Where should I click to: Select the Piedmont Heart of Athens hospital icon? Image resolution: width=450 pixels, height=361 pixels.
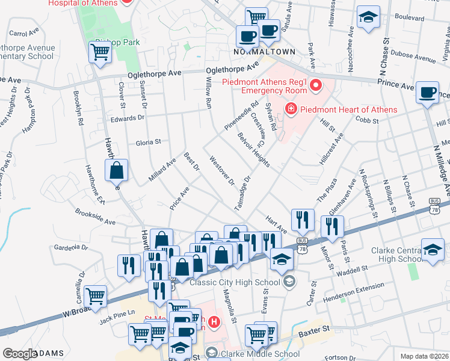291,110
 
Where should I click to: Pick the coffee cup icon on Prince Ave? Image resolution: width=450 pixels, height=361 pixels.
427,93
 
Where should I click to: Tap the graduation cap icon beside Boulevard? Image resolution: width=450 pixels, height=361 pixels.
368,17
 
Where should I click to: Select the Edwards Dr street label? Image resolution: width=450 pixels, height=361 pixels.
128,118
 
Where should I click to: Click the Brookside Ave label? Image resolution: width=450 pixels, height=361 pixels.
95,217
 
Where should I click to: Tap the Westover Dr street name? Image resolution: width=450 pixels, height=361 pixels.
221,171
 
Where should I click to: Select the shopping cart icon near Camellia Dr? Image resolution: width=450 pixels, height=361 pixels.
95,297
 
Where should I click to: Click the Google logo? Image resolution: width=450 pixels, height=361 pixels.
20,354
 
